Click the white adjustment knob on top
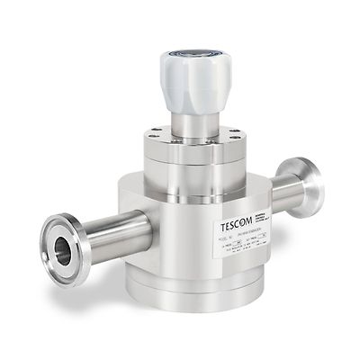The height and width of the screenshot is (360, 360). pos(195,76)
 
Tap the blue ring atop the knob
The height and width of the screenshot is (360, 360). pos(195,55)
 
